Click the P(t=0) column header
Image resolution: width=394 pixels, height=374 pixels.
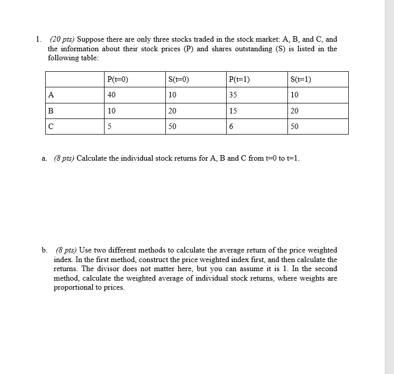click(118, 79)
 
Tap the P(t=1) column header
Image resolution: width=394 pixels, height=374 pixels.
click(239, 79)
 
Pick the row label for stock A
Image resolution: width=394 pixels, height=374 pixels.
click(51, 95)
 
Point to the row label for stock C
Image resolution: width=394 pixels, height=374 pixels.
click(51, 127)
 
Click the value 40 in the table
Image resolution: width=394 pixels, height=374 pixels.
click(112, 95)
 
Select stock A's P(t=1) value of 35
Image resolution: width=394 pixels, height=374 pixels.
click(233, 95)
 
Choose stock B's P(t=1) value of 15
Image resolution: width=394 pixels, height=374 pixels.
click(233, 111)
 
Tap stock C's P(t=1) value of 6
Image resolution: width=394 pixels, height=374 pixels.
click(231, 127)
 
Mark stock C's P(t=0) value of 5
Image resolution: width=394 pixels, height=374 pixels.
click(110, 127)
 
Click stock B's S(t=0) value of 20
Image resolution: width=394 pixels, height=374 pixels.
click(172, 111)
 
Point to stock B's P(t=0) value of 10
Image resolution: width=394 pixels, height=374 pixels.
click(112, 111)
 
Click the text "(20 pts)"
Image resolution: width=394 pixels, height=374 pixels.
click(62, 39)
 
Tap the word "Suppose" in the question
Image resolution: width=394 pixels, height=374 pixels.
click(91, 39)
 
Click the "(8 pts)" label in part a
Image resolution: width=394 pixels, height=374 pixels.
click(64, 159)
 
